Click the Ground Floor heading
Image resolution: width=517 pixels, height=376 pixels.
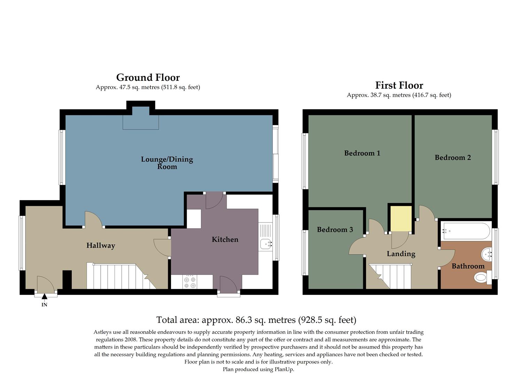pos(148,77)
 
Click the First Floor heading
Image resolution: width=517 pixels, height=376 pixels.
pos(399,85)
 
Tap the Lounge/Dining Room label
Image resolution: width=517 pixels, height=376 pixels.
pos(167,163)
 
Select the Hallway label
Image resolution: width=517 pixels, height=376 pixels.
pos(101,245)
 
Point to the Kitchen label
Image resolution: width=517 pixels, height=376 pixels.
pos(225,240)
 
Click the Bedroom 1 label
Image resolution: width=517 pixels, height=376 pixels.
pos(362,153)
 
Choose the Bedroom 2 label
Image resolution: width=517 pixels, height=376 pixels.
pos(453,158)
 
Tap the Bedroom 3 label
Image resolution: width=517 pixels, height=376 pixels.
pos(335,230)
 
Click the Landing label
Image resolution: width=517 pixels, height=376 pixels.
pos(401,254)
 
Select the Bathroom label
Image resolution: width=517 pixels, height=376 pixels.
pos(468,266)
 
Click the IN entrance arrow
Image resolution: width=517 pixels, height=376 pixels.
pos(44,297)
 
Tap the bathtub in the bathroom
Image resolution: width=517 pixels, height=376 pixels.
pos(466,231)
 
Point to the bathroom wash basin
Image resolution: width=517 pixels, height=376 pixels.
pos(487,254)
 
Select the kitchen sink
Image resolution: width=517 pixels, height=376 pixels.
pos(266,244)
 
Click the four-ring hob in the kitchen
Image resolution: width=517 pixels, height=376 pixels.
pos(190,282)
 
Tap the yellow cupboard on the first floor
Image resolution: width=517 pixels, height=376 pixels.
pos(401,219)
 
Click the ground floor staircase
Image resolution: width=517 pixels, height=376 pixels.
pos(118,276)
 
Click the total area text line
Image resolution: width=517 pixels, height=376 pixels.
pos(256,320)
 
